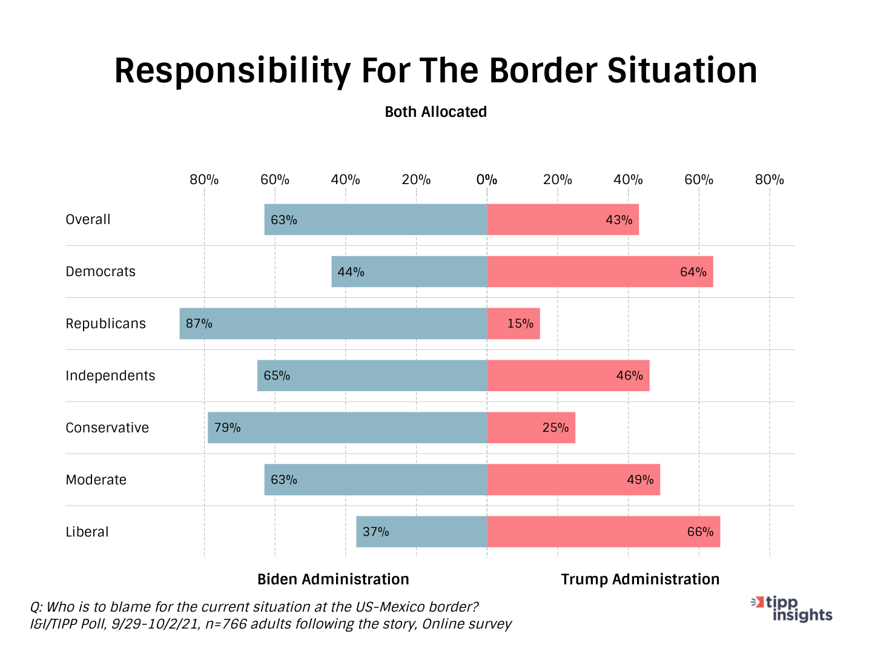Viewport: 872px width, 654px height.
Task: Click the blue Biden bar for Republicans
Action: [333, 323]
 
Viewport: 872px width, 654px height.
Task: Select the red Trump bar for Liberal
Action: [603, 532]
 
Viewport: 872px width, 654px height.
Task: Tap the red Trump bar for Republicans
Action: [513, 323]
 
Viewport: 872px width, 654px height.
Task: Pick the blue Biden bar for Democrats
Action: [409, 271]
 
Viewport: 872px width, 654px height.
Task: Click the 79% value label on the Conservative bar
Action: [228, 428]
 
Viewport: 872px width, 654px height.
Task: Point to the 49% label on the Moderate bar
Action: [640, 480]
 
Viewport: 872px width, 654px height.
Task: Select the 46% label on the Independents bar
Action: [630, 375]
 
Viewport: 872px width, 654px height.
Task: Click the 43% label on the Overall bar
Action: [619, 220]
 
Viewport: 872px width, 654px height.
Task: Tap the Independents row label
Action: [110, 375]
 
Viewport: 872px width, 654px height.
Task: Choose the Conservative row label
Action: [107, 428]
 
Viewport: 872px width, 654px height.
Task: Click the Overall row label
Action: [88, 219]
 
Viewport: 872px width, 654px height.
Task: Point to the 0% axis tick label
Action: [487, 180]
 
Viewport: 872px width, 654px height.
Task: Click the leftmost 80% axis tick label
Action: [204, 180]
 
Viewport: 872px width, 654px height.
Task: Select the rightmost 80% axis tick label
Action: [770, 180]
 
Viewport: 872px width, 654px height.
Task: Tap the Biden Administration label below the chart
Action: [333, 580]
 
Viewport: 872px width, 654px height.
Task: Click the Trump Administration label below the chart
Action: [640, 580]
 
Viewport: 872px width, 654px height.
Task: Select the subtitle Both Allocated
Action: [436, 112]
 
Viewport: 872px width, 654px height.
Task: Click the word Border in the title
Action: [543, 70]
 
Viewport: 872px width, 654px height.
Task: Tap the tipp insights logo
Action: [793, 609]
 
